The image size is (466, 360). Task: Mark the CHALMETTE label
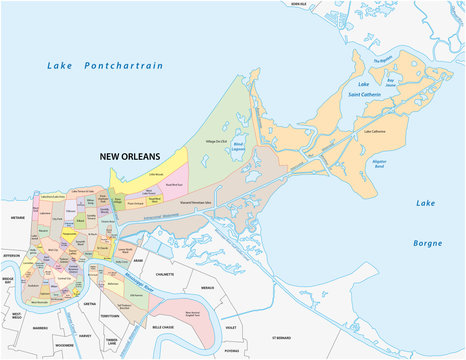(158, 272)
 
